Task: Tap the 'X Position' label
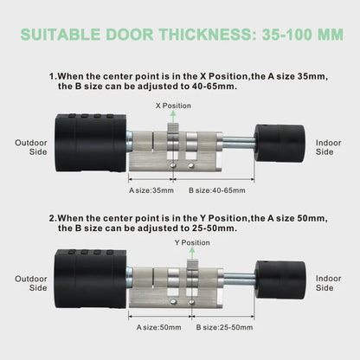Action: tap(173, 106)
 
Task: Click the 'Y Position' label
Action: tap(192, 242)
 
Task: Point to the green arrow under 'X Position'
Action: tap(173, 117)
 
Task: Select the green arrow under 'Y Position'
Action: tap(192, 254)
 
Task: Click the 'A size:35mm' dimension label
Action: tap(151, 190)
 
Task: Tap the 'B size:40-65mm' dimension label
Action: tap(217, 190)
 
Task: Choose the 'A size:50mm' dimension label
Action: tap(159, 327)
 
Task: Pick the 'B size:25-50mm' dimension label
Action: tap(224, 327)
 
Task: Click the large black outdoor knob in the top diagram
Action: tap(91, 143)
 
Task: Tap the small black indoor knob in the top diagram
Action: tap(280, 144)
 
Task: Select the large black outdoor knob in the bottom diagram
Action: tap(91, 279)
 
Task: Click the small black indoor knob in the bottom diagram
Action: tap(280, 280)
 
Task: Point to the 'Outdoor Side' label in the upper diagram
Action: tap(31, 147)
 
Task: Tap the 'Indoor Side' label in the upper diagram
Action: tap(328, 147)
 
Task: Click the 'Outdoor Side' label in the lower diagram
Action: tap(31, 283)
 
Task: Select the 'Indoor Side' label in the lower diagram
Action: tap(328, 283)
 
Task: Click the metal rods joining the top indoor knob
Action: tap(239, 143)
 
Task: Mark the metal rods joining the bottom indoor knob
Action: tap(240, 279)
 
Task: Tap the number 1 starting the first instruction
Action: tap(52, 77)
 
